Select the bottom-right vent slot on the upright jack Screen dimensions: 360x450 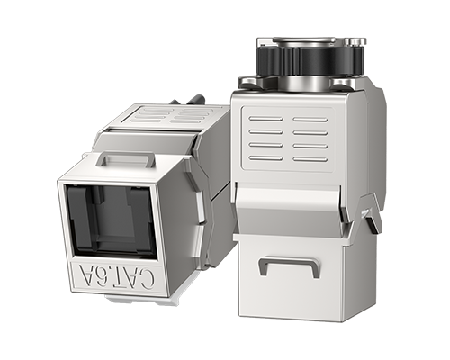point(310,159)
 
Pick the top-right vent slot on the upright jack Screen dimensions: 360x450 point(310,119)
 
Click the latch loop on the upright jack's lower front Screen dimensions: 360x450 point(288,265)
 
